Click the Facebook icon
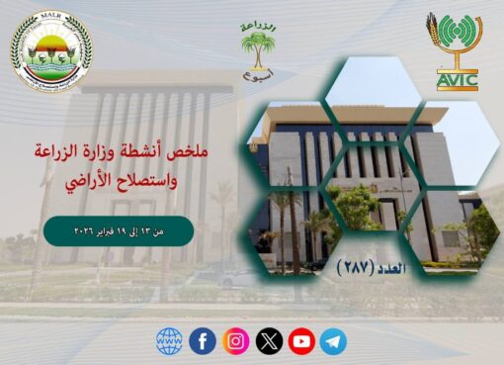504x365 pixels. (x=204, y=341)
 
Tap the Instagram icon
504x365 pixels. (x=236, y=341)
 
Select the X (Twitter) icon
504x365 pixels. (x=269, y=341)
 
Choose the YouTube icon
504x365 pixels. (x=301, y=341)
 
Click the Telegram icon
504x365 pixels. (x=334, y=341)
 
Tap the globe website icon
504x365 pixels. (x=170, y=341)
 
